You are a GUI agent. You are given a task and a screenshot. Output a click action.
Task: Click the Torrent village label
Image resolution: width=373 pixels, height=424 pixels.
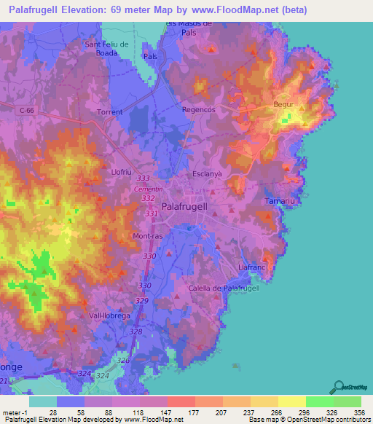click(111, 112)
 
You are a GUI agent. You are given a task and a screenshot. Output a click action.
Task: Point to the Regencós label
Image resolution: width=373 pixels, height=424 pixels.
click(199, 109)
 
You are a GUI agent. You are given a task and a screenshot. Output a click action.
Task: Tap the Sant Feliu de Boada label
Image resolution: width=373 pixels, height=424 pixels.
click(107, 48)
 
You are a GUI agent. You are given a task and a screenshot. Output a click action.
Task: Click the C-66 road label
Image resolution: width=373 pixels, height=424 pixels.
click(28, 109)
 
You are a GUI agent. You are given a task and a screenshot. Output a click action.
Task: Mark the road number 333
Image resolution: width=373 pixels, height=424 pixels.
click(144, 178)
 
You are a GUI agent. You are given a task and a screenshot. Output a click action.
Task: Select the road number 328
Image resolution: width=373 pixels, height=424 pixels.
click(136, 331)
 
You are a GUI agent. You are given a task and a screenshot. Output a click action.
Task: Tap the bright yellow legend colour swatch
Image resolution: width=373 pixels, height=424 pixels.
click(291, 401)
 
